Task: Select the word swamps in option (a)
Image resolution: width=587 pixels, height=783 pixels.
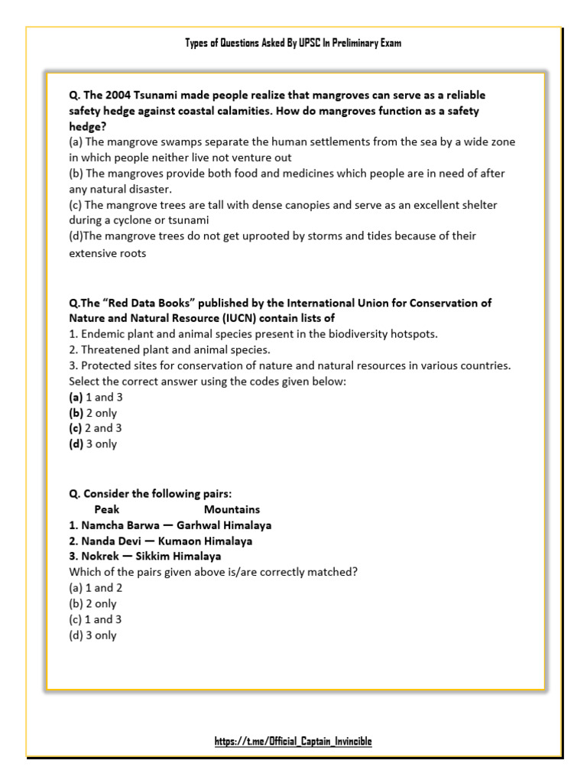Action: (x=174, y=142)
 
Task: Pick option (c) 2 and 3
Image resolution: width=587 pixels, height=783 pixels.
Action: (x=95, y=428)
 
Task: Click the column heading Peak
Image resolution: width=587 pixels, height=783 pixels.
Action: (x=107, y=509)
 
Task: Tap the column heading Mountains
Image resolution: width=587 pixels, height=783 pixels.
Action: (x=232, y=509)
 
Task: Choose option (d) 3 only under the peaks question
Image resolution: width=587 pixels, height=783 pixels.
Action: (x=92, y=635)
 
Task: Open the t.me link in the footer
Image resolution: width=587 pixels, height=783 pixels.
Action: (x=293, y=741)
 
